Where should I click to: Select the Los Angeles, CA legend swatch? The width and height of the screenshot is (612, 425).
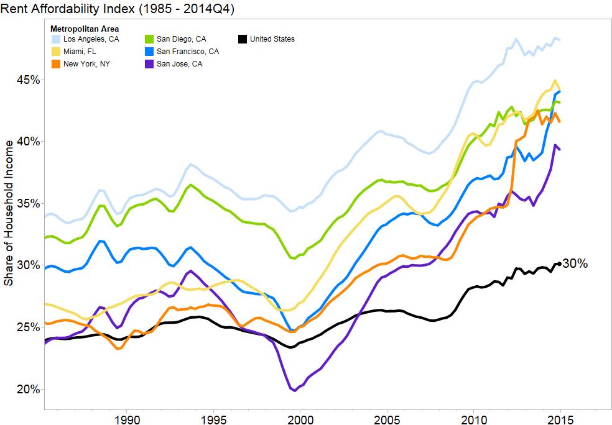click(x=56, y=39)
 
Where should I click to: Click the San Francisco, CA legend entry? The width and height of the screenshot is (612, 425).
click(x=180, y=52)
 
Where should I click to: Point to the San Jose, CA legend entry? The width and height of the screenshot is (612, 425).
click(x=172, y=63)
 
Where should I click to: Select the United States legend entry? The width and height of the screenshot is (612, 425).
click(x=266, y=39)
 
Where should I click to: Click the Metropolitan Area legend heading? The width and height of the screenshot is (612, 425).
click(x=85, y=29)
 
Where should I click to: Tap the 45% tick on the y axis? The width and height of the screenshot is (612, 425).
click(x=29, y=80)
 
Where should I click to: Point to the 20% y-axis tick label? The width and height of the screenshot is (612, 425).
click(x=29, y=389)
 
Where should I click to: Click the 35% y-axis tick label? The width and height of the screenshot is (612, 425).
click(x=29, y=204)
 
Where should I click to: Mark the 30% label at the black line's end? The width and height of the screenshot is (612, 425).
click(x=575, y=264)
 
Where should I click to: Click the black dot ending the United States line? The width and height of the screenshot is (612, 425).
click(x=560, y=264)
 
